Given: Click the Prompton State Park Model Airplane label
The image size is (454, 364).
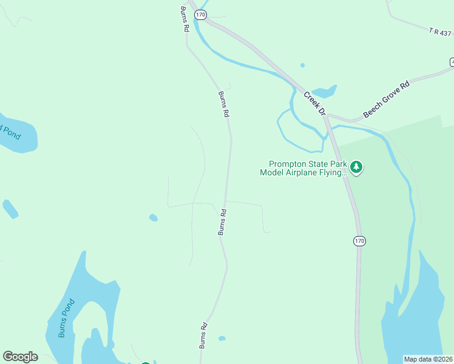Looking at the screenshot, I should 303,168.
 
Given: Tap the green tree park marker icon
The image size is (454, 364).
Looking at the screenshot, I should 356,167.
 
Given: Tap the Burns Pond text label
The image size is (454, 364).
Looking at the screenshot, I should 66,318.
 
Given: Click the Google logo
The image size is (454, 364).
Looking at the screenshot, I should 20,357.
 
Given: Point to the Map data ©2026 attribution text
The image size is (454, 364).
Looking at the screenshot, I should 429,359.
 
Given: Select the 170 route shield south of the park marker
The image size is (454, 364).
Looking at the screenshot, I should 359,241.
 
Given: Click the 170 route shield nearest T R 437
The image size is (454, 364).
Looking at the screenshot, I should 202,15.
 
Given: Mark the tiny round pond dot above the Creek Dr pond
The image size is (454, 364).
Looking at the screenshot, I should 302,66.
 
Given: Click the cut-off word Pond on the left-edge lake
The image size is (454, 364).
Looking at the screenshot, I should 10,130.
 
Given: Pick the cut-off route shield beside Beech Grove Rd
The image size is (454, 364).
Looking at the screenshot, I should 452,62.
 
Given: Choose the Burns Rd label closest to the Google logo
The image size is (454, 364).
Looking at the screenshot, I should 204,334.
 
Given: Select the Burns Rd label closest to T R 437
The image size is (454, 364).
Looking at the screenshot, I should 185,19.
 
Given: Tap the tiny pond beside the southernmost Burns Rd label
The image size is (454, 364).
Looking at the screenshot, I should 222,338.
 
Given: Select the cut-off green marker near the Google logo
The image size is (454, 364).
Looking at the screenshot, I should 146,362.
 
